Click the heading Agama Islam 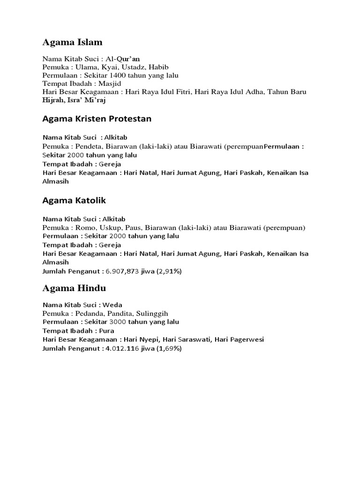(x=72, y=43)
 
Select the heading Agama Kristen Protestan (x=97, y=119)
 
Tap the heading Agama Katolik (x=74, y=200)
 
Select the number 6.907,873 (x=123, y=270)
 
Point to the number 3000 (x=118, y=322)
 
